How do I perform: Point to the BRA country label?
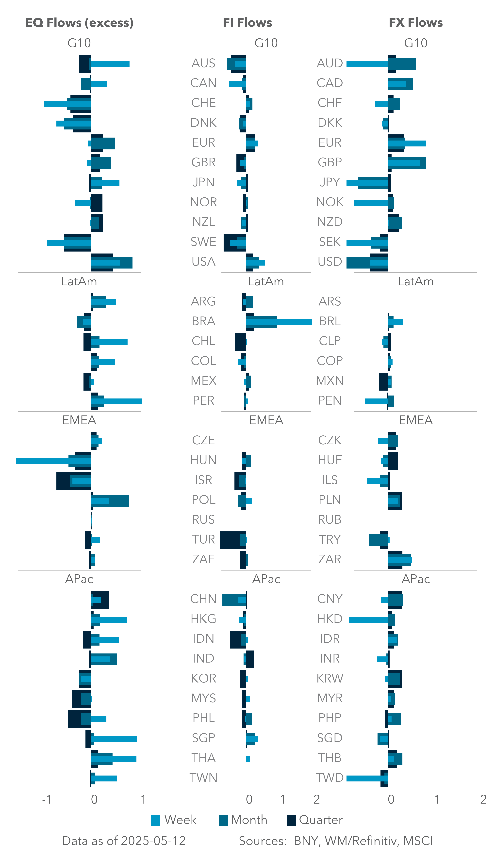coord(203,321)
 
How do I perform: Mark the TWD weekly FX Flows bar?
coord(364,778)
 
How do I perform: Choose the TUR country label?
coord(203,539)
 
